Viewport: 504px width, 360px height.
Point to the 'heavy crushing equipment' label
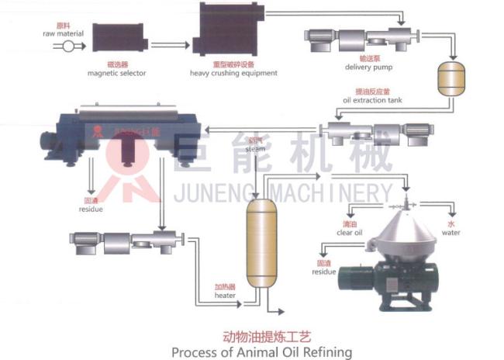pyautogui.click(x=233, y=74)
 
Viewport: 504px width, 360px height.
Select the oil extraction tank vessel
pyautogui.click(x=449, y=78)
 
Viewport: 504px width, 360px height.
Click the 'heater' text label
pyautogui.click(x=225, y=296)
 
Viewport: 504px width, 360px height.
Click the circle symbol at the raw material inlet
pyautogui.click(x=68, y=47)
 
